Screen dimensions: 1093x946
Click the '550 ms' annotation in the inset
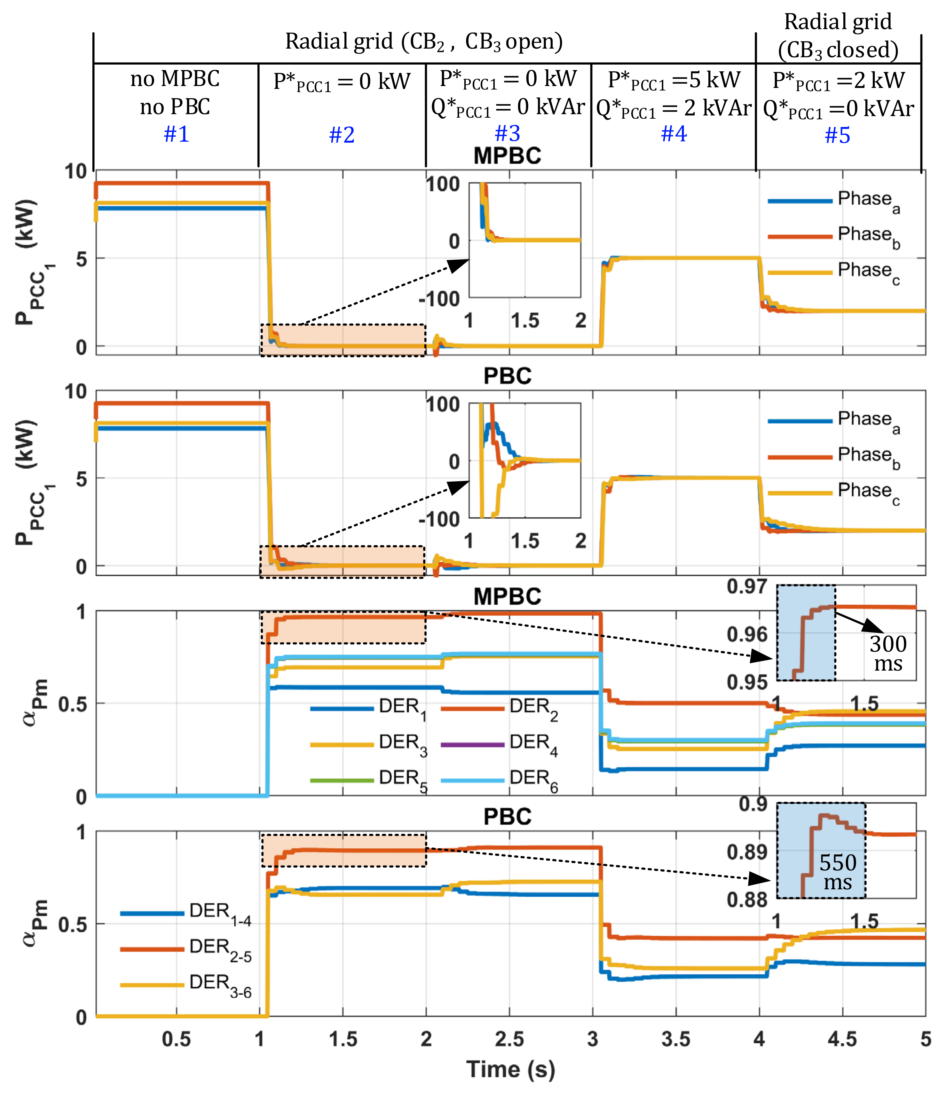pos(838,872)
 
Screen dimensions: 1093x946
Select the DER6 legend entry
pos(533,778)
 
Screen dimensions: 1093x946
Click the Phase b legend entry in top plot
pos(868,235)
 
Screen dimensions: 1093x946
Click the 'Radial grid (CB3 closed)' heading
pos(838,36)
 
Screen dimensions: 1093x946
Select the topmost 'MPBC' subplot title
pos(507,156)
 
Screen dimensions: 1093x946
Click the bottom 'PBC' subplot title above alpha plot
pos(507,816)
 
